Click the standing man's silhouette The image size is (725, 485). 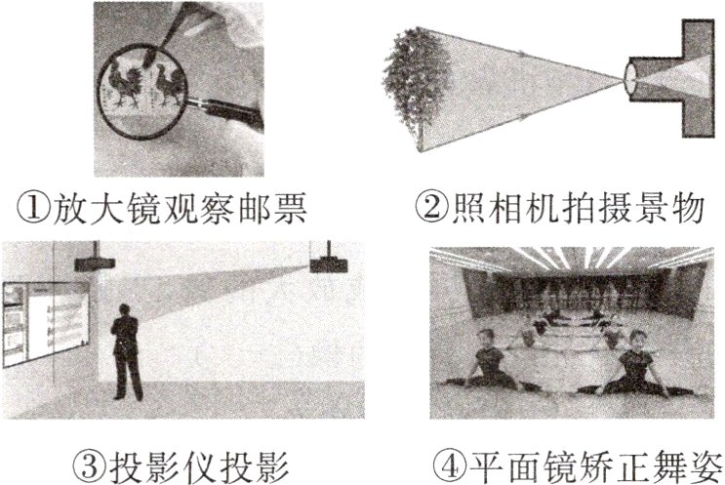(x=126, y=351)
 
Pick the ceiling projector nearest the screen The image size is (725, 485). (x=96, y=262)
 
